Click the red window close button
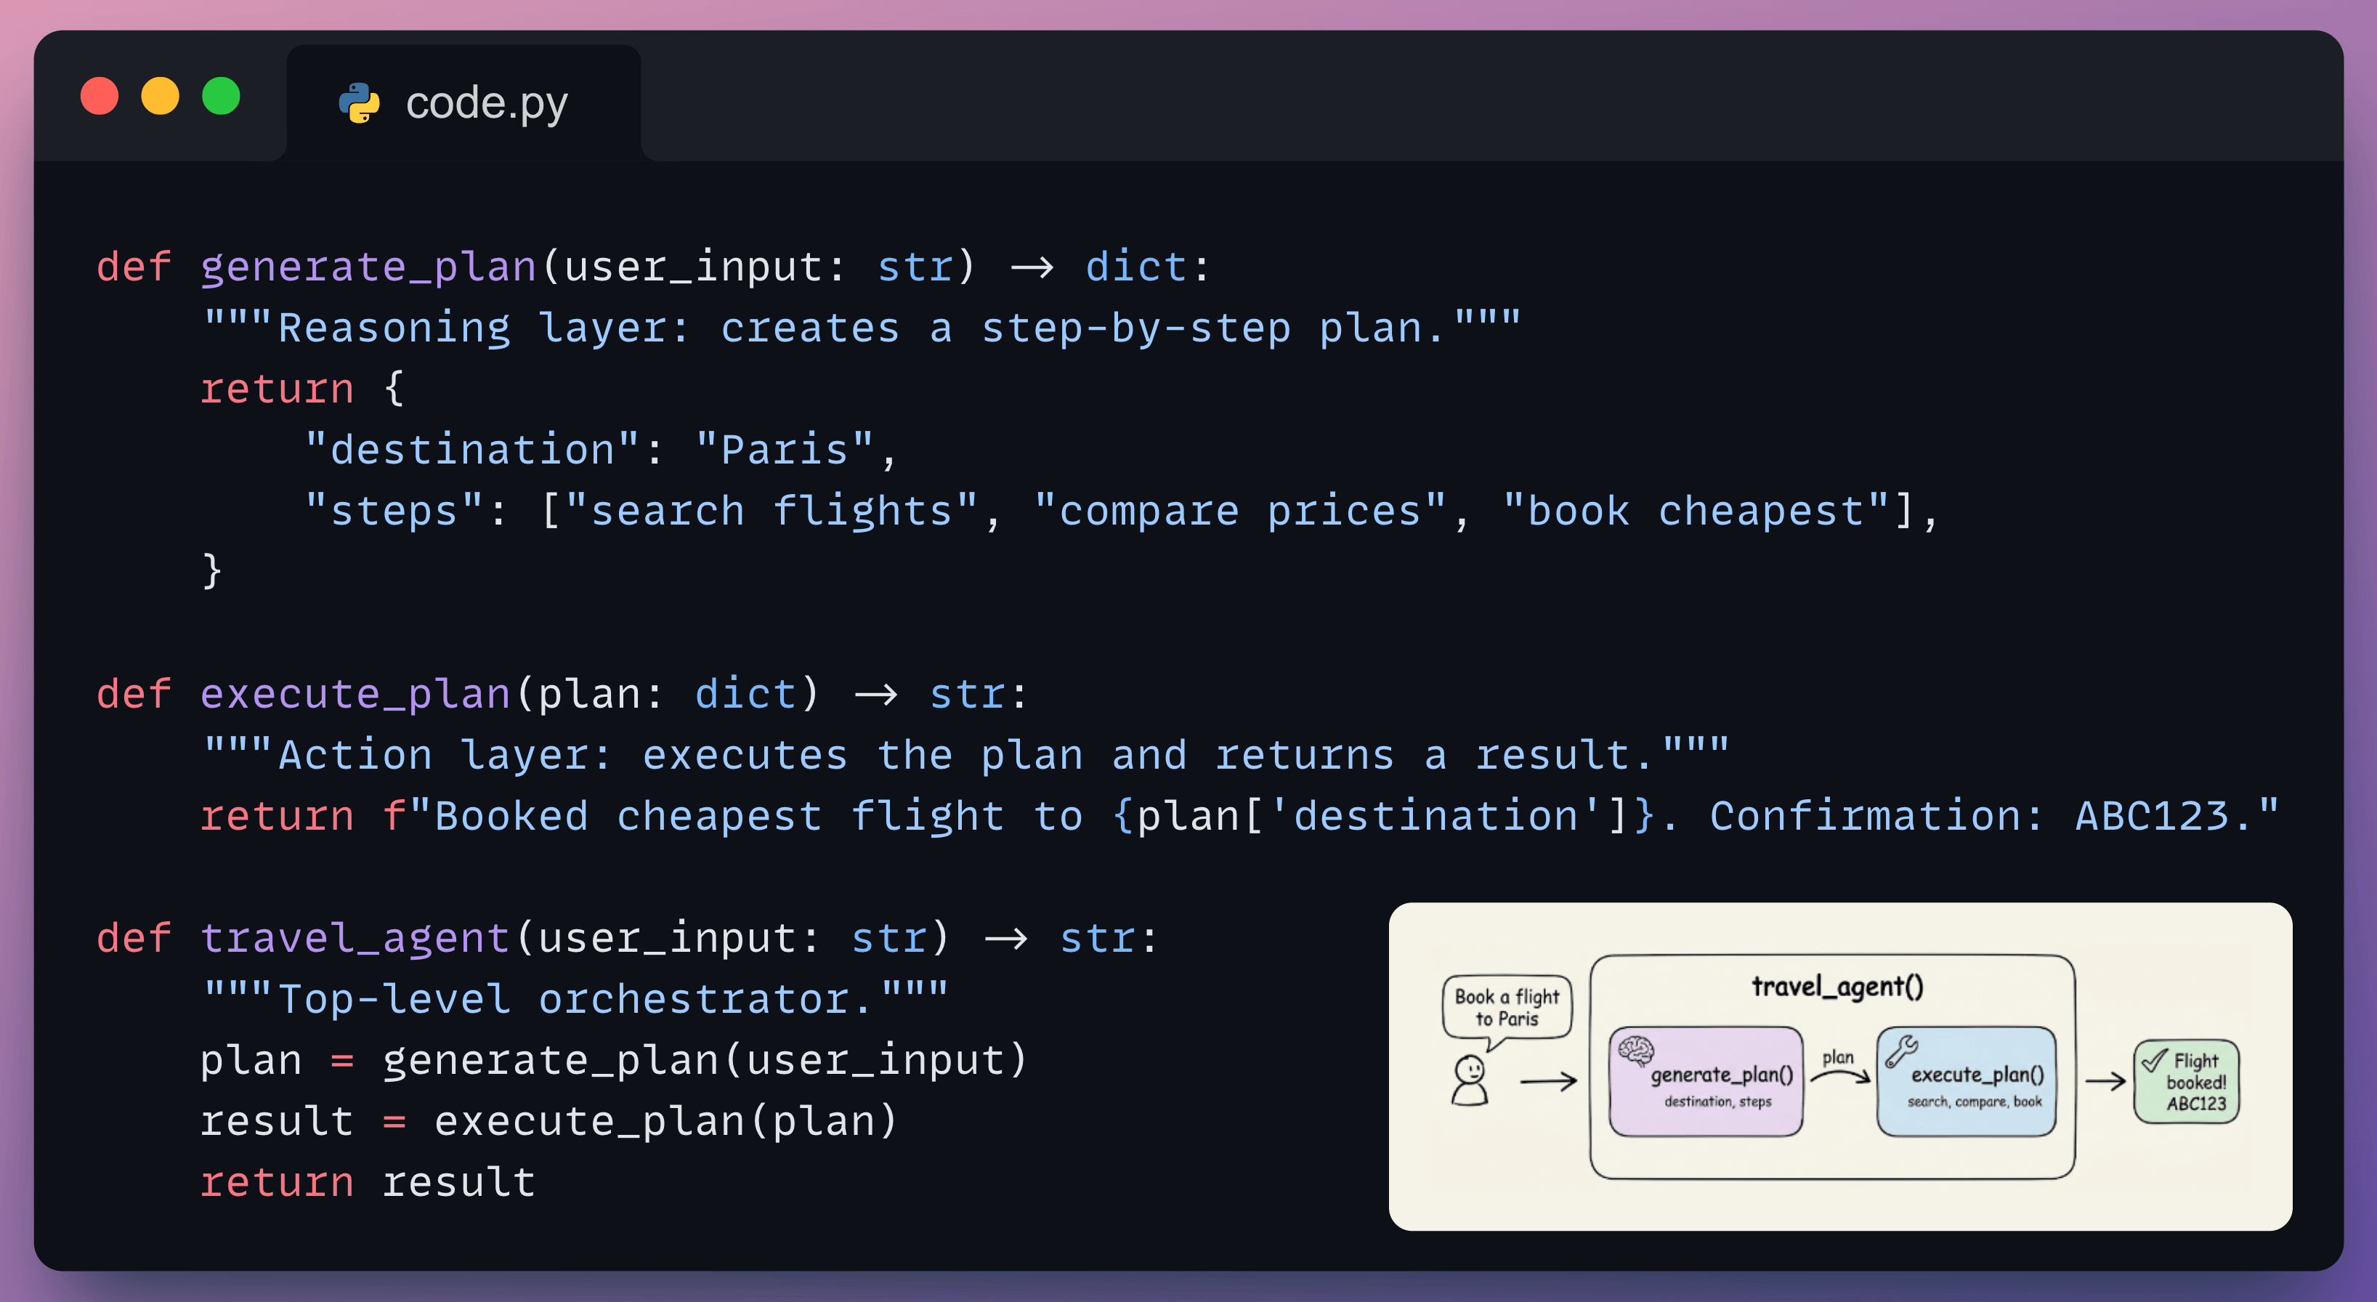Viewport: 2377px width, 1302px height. (x=100, y=97)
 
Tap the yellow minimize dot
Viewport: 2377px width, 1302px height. (x=161, y=97)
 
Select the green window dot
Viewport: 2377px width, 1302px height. (x=222, y=97)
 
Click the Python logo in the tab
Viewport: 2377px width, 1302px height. (x=359, y=102)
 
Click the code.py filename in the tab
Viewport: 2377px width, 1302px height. (x=486, y=102)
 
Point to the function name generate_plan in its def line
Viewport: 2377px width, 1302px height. (x=368, y=267)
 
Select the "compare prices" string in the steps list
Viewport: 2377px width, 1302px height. (x=1239, y=510)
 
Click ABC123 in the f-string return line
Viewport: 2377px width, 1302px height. (x=2151, y=816)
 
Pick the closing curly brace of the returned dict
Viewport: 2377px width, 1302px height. (x=212, y=570)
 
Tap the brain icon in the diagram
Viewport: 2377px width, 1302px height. (x=1636, y=1050)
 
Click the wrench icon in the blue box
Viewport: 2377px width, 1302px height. (x=1901, y=1050)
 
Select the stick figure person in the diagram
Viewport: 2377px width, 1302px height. (x=1469, y=1080)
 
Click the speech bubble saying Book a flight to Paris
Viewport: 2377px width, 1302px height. (x=1506, y=1008)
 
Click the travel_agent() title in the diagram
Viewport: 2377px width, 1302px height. (x=1837, y=987)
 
